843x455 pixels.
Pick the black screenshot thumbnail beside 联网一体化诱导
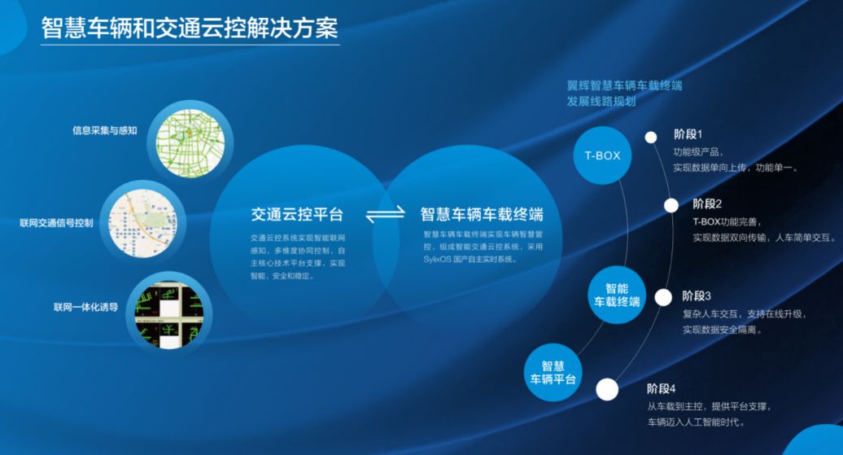(168, 312)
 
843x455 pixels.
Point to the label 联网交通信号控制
(57, 223)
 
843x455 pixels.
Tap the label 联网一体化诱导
(86, 308)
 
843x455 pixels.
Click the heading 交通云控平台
(297, 215)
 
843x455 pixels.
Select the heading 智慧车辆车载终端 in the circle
(482, 215)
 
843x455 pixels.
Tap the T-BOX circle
(603, 155)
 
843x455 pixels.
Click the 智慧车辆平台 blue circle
(553, 373)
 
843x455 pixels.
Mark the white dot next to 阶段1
(651, 138)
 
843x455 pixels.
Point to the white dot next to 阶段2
(670, 205)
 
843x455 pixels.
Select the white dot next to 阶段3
(663, 297)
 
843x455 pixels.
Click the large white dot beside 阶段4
(607, 390)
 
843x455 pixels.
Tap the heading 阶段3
(697, 295)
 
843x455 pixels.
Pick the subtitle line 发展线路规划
(601, 102)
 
